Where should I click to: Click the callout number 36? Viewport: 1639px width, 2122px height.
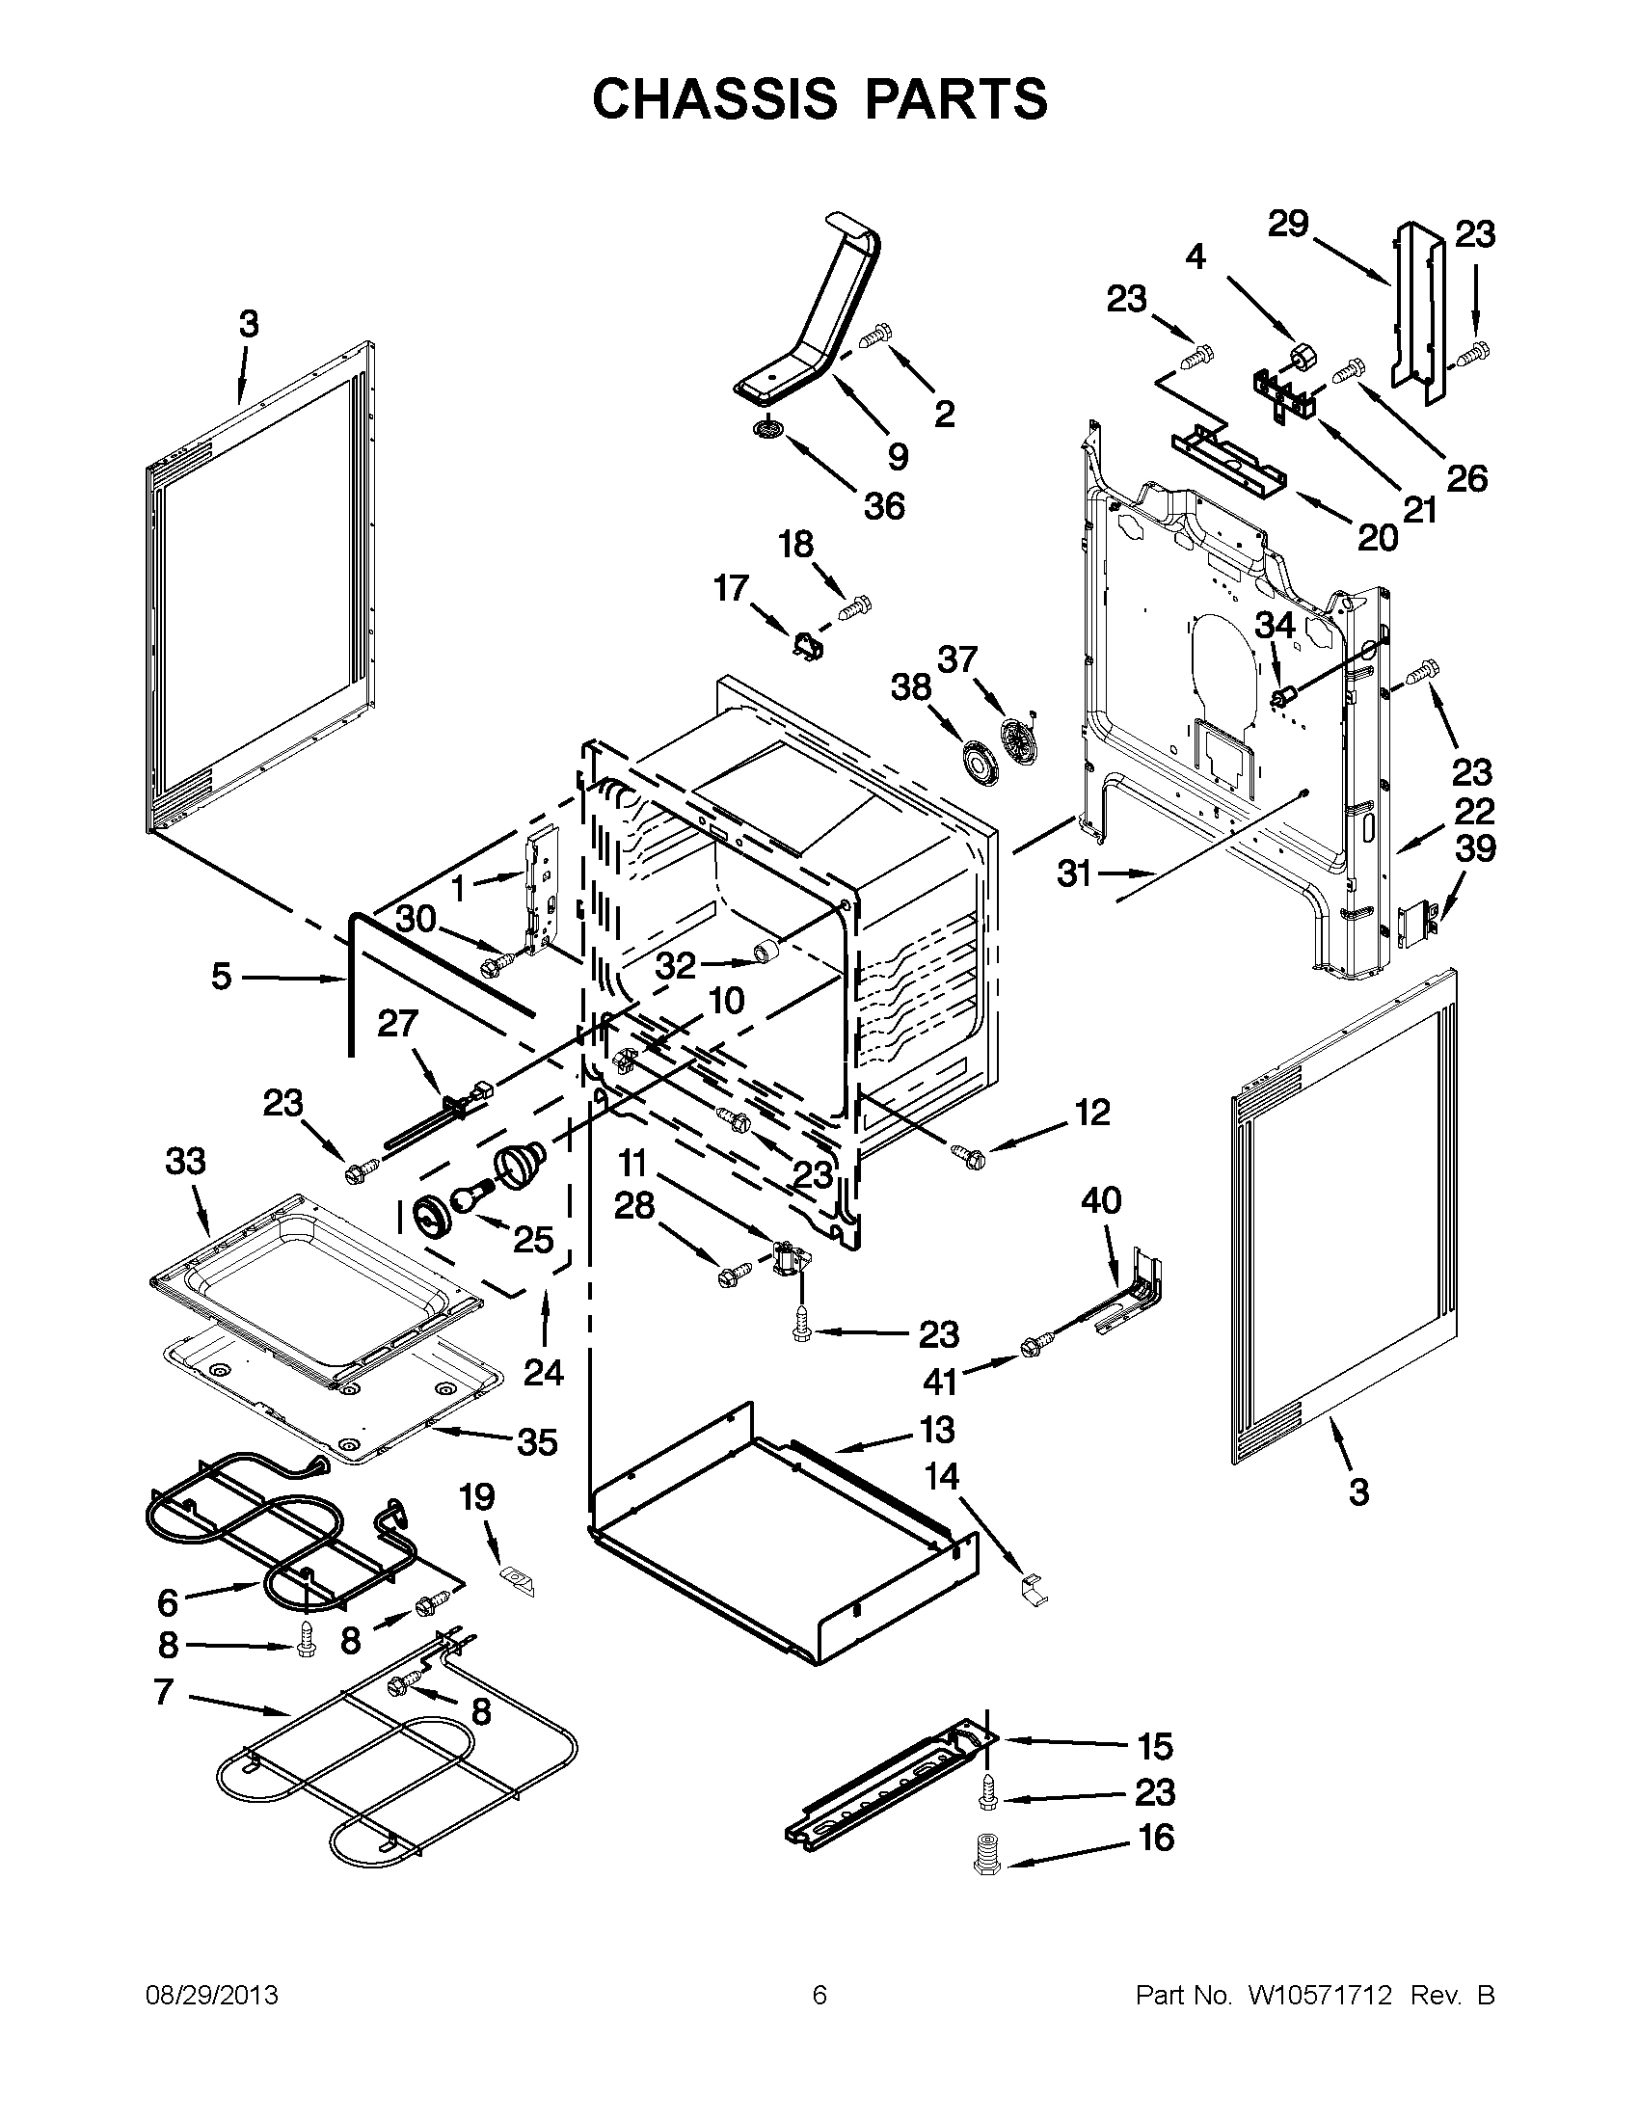(x=883, y=506)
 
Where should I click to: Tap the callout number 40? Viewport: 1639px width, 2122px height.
(x=1101, y=1201)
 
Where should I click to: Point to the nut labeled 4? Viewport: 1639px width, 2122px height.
(x=1301, y=356)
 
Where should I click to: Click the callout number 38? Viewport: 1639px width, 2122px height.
(x=911, y=687)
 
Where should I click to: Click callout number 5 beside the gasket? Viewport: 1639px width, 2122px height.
(x=222, y=977)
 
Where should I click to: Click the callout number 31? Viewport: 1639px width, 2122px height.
(x=1075, y=874)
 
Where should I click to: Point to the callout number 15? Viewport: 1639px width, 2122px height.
(x=1155, y=1746)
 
